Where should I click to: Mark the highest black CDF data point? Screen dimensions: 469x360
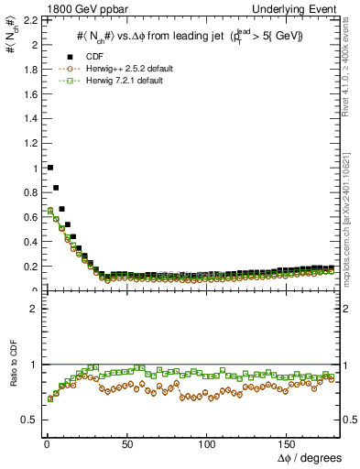pos(49,168)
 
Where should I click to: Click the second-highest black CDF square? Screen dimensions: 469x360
pos(55,188)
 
